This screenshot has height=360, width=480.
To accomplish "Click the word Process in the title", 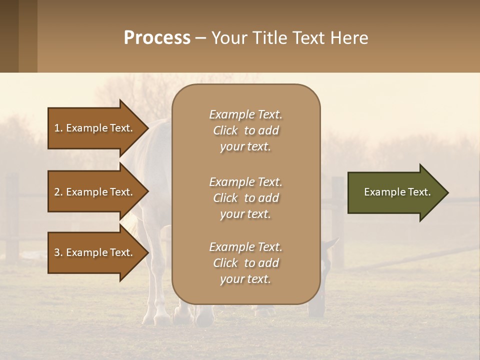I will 157,38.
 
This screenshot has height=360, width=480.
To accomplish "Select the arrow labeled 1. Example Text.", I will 95,128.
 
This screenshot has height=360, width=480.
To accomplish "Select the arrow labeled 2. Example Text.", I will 95,192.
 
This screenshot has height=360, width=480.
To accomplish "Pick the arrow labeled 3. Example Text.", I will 95,252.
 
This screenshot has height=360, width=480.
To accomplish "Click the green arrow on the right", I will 395,192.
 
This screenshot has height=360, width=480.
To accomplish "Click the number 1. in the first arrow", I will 58,128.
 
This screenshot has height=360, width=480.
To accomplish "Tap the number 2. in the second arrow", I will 58,192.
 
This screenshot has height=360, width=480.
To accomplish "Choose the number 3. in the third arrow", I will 58,252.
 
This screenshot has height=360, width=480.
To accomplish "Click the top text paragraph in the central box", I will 245,130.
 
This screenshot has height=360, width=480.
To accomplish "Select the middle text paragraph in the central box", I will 245,198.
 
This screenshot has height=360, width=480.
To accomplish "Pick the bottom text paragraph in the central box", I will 245,263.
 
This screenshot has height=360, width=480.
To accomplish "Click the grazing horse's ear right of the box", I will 332,244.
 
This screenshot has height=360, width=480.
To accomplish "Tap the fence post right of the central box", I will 338,225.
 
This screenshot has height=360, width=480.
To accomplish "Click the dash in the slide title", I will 200,38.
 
